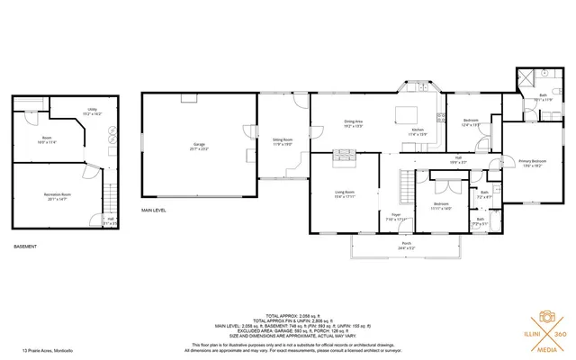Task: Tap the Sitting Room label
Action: (x=283, y=141)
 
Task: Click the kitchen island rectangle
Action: (x=409, y=114)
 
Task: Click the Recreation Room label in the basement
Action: (x=58, y=196)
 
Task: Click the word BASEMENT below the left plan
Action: (x=25, y=247)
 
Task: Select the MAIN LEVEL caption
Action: (x=154, y=211)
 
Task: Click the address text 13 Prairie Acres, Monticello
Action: (x=48, y=351)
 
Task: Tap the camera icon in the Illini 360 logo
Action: (x=545, y=317)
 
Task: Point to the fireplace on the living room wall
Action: (x=344, y=160)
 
